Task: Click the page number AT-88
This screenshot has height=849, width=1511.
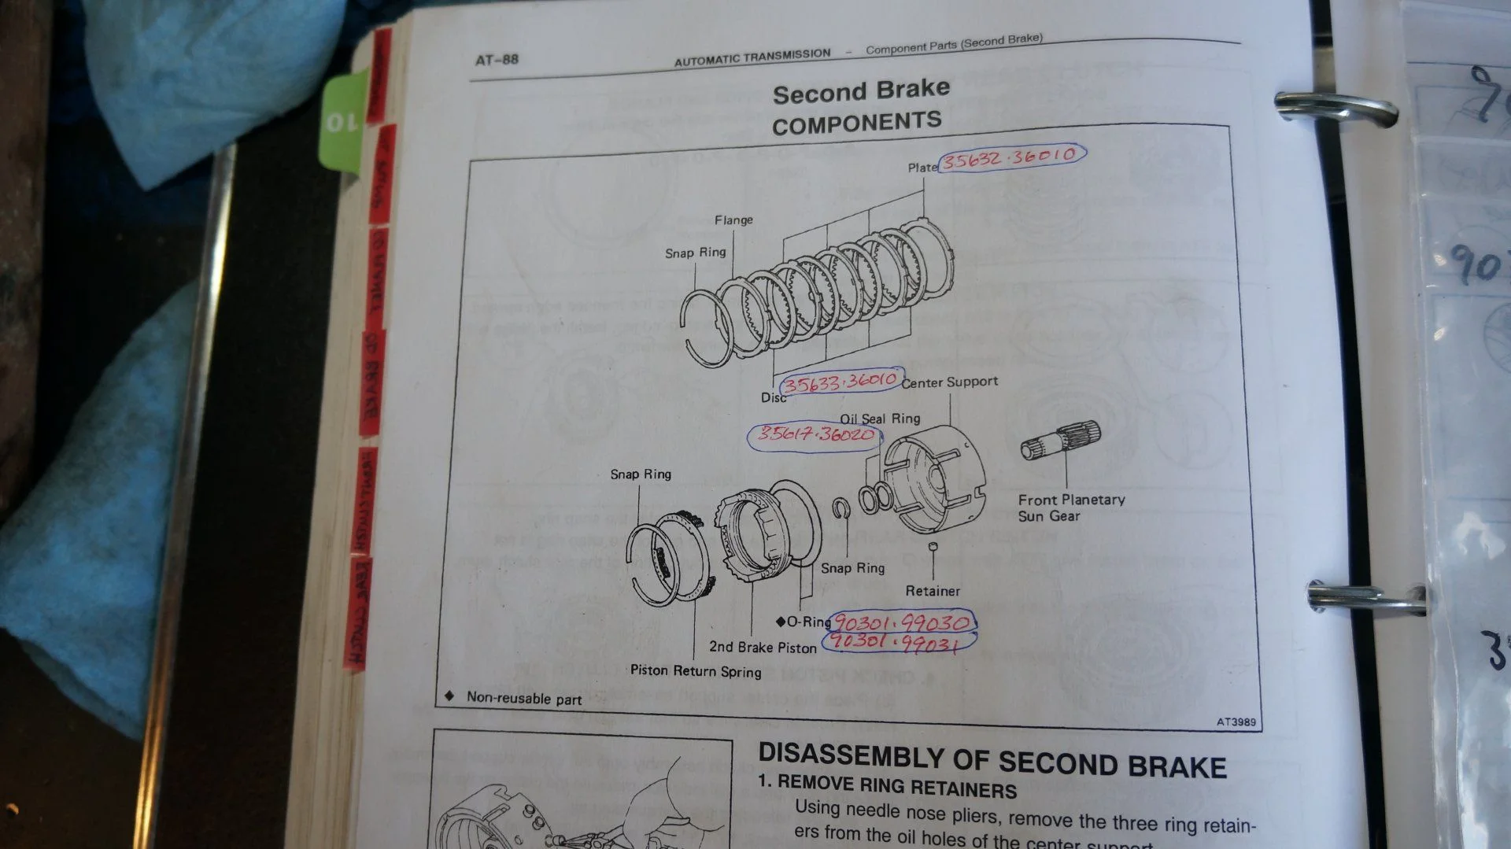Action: pos(497,60)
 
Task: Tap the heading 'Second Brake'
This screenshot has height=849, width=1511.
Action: pos(861,90)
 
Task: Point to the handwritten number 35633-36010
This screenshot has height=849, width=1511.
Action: pos(840,382)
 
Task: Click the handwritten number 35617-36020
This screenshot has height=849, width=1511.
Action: pos(815,434)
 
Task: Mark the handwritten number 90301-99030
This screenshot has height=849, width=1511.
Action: pos(902,622)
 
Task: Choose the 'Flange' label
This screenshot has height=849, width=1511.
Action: pos(733,220)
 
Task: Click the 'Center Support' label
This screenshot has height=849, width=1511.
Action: pos(950,382)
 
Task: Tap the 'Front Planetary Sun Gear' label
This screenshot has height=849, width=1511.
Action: pos(1070,508)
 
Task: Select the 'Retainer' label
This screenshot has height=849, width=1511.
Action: pos(933,591)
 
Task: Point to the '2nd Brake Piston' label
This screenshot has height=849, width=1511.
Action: pos(763,648)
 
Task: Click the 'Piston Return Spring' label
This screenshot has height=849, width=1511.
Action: pos(696,671)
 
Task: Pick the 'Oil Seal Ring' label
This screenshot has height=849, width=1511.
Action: pos(880,419)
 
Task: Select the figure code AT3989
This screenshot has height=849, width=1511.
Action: pos(1236,722)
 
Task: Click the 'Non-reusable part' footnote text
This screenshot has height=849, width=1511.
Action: pos(524,699)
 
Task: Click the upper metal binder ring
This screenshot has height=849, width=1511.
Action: pos(1335,109)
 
